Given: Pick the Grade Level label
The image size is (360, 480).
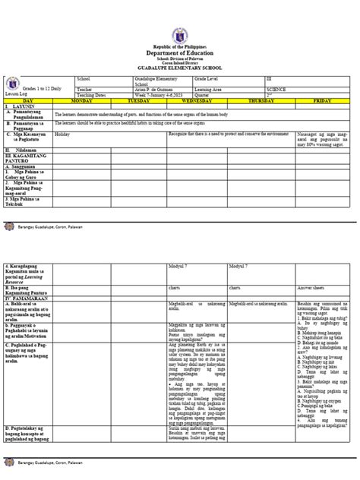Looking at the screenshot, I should (211, 77).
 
